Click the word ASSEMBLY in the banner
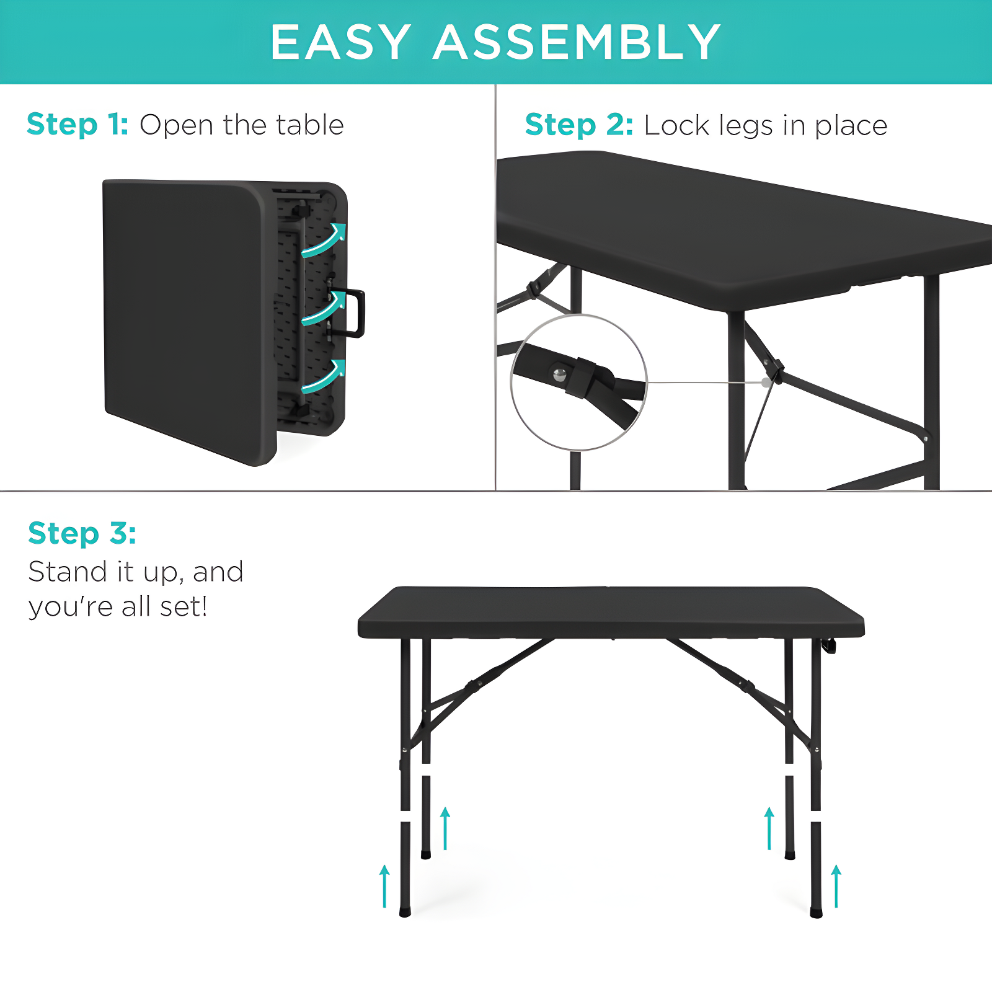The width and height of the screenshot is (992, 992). pyautogui.click(x=577, y=42)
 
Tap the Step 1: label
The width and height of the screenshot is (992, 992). pyautogui.click(x=77, y=124)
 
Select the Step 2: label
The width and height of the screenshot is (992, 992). pyautogui.click(x=579, y=125)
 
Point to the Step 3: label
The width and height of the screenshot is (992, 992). pyautogui.click(x=82, y=533)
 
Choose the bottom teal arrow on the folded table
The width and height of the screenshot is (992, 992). pyautogui.click(x=324, y=376)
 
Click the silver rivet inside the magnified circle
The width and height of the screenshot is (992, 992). pyautogui.click(x=560, y=374)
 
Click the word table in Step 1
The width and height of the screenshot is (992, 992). pyautogui.click(x=310, y=125)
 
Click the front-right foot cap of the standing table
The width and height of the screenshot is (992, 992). pyautogui.click(x=817, y=913)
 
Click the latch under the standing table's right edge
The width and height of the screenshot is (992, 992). pyautogui.click(x=829, y=646)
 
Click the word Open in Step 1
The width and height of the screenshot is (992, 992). pyautogui.click(x=177, y=125)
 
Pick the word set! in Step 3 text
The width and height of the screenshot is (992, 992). pyautogui.click(x=184, y=606)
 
